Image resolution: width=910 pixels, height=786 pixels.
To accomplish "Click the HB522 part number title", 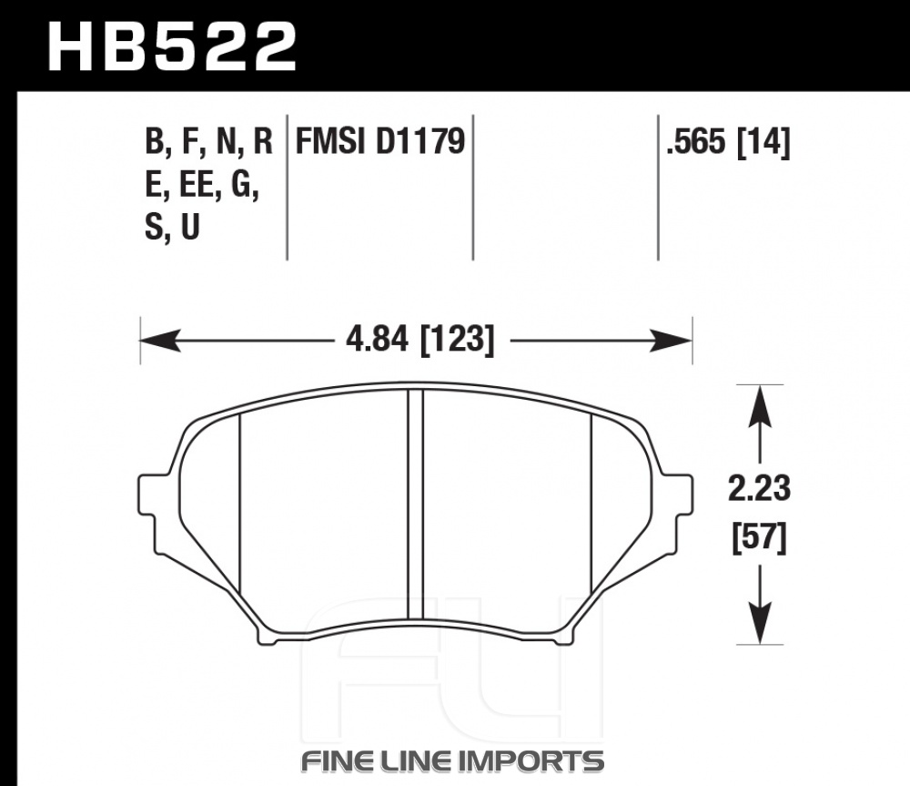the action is coord(172,47).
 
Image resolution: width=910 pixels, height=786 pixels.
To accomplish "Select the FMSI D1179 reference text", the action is coord(380,141).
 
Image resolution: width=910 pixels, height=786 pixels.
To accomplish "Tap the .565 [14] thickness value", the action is coord(728,141).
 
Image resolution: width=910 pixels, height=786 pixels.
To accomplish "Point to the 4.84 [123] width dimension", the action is coord(420,340).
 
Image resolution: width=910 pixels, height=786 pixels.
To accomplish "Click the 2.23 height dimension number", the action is coord(759,488).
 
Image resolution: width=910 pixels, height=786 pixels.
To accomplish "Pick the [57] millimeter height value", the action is coord(759,538).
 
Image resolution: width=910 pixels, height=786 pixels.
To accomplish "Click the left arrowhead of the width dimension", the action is coord(160,341).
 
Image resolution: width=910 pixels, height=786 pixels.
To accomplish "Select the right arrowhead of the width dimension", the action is coord(672,341).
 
